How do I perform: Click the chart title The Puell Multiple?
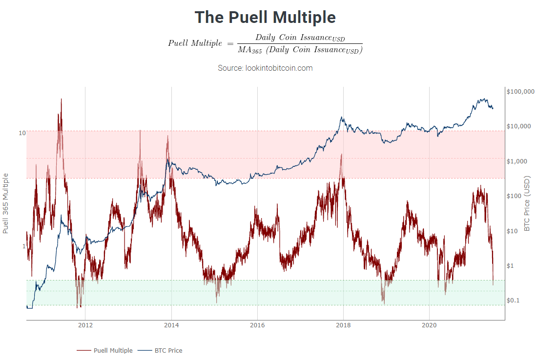click(x=265, y=18)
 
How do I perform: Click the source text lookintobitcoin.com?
click(x=265, y=68)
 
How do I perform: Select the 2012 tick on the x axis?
click(x=85, y=325)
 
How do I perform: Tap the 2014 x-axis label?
click(x=171, y=325)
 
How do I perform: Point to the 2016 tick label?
click(x=257, y=325)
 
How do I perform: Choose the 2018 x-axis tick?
click(x=343, y=325)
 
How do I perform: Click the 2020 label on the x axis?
click(x=429, y=325)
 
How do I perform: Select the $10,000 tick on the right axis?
click(x=518, y=126)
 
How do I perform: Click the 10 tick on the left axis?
click(x=22, y=133)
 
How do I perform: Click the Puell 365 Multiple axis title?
click(x=6, y=203)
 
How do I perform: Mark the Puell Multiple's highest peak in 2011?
click(x=61, y=99)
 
